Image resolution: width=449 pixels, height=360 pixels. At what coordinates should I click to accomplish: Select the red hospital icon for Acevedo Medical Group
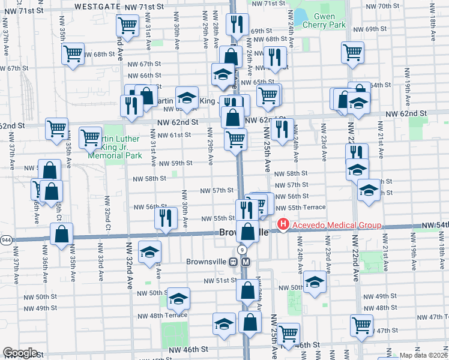[282, 226]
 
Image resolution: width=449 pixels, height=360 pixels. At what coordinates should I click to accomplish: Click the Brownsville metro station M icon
[246, 262]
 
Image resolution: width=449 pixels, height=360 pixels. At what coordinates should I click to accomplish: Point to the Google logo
[19, 353]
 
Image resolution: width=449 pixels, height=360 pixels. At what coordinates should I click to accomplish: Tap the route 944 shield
[6, 239]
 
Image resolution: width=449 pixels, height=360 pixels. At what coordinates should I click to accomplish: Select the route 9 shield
[241, 249]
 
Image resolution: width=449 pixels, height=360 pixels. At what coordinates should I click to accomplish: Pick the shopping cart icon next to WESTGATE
[127, 25]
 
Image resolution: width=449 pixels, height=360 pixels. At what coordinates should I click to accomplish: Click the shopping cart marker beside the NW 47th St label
[362, 325]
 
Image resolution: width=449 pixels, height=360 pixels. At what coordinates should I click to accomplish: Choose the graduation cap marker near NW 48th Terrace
[178, 298]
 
